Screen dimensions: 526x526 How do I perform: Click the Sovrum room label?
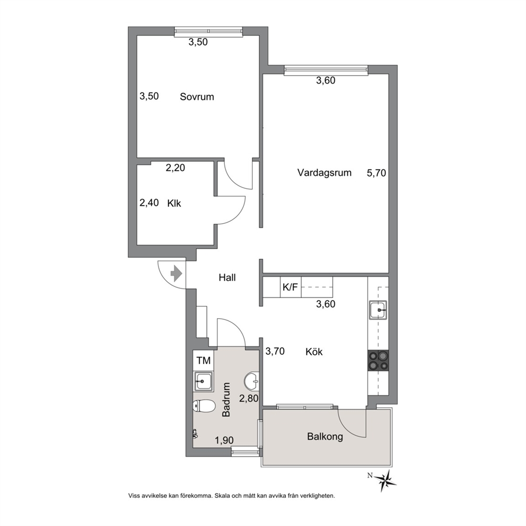tap(197, 97)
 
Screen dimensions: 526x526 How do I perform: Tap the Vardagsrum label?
tap(325, 173)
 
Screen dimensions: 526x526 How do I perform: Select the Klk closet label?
tap(174, 203)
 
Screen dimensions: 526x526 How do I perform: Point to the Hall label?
tap(227, 277)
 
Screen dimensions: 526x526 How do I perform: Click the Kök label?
tap(314, 352)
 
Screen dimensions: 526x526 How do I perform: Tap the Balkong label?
tap(325, 436)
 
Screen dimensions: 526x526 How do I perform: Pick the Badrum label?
tap(226, 399)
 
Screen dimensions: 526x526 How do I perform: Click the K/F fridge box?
tap(291, 287)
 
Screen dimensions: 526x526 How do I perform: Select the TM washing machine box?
tap(203, 360)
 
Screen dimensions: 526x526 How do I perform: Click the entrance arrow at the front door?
tap(176, 274)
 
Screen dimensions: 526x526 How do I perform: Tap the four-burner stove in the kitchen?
tap(379, 361)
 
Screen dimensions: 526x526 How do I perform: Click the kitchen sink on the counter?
tap(379, 310)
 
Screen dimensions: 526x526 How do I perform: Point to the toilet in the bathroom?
tap(204, 406)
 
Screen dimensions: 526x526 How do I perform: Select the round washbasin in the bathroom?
tap(252, 381)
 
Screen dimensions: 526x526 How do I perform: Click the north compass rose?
tap(387, 478)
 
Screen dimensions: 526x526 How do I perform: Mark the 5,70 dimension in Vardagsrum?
tap(376, 173)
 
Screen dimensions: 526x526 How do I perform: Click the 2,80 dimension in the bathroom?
tap(248, 398)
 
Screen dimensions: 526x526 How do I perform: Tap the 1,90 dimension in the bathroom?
tap(224, 440)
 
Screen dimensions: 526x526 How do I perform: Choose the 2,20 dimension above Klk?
tap(176, 168)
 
